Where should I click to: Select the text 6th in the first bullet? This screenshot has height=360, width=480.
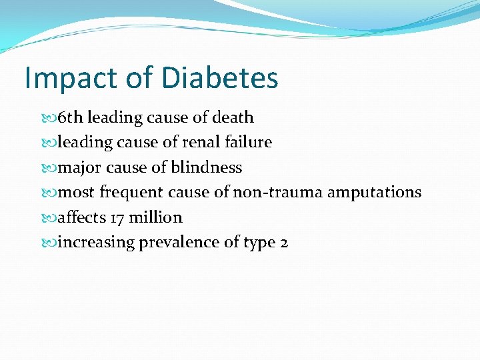(71, 118)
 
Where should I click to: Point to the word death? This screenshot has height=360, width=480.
(233, 118)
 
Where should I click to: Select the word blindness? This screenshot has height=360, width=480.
(207, 168)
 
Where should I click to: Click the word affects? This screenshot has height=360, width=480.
(83, 218)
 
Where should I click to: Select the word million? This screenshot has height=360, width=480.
(157, 218)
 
